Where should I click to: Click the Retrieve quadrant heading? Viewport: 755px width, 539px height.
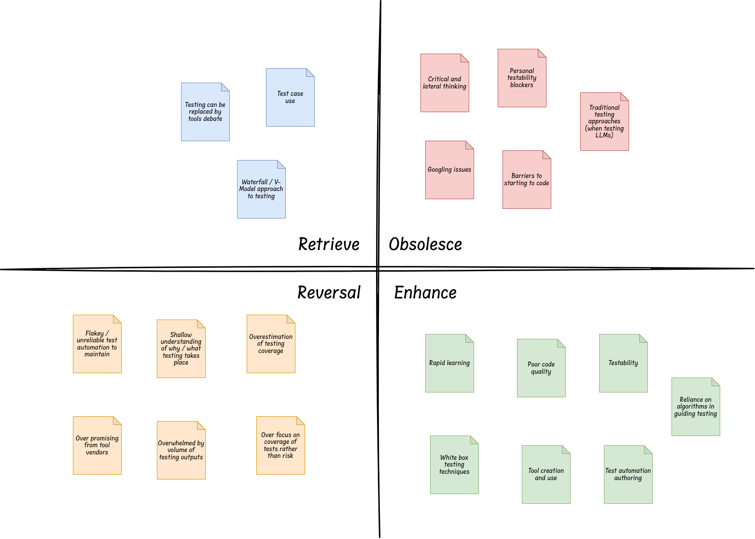coord(329,244)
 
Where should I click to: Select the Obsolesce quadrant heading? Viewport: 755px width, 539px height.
coord(425,244)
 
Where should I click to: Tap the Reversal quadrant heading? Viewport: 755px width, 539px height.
coord(329,292)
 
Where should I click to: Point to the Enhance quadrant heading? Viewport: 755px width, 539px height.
coord(425,292)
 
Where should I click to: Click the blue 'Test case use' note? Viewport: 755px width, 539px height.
coord(290,98)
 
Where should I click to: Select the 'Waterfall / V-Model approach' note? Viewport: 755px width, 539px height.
coord(261,189)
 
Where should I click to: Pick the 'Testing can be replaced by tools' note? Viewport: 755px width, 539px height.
coord(205,112)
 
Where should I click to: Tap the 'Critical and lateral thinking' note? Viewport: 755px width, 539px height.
coord(445,83)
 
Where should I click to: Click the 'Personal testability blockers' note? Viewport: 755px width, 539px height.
coord(522,78)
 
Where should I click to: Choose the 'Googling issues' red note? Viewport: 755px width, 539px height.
coord(449,170)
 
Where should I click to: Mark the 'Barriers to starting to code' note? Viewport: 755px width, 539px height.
coord(527,180)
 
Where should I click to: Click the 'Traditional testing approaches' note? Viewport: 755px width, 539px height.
coord(604,122)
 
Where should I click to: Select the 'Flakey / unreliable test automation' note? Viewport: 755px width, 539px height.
coord(97,344)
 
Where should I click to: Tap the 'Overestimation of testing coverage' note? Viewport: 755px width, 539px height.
coord(271,344)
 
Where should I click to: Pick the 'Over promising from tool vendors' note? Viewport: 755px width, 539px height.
coord(97,446)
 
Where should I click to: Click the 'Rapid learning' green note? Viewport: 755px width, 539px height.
coord(449,364)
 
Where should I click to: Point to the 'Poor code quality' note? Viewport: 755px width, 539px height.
coord(541,368)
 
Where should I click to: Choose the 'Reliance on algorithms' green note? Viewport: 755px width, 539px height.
coord(696,407)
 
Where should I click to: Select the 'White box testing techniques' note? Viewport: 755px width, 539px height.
coord(454,465)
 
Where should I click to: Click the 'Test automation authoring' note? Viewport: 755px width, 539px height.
coord(628,475)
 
